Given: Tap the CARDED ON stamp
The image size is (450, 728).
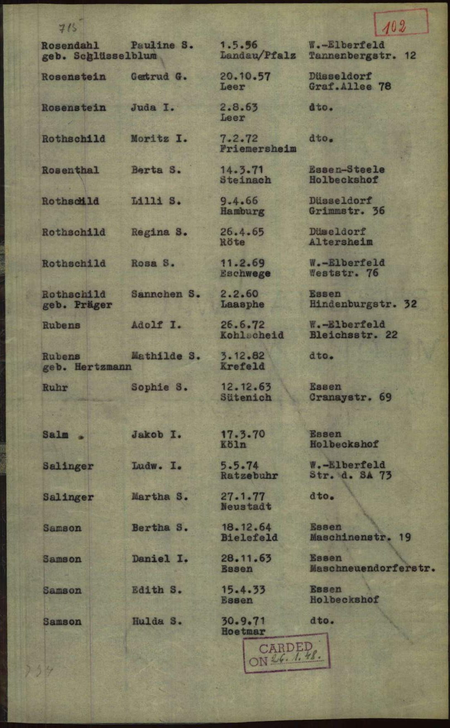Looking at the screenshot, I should tap(286, 653).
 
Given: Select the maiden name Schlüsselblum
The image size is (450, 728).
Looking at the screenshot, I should tap(115, 56).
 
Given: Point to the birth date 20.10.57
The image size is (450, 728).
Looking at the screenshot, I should tap(245, 77).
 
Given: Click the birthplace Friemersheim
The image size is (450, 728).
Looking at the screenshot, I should tap(258, 149).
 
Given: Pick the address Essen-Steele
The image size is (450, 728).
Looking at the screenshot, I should tap(347, 170).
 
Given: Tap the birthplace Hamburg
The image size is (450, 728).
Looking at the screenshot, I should tap(242, 211).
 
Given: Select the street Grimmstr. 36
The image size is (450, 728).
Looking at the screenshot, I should tap(347, 211).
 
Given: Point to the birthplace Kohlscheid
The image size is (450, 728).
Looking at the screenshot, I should tap(252, 335).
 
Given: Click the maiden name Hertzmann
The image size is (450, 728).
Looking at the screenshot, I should tap(103, 366).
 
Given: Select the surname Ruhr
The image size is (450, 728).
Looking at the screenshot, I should tap(55, 388).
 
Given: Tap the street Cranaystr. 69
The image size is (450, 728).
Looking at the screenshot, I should tap(350, 398).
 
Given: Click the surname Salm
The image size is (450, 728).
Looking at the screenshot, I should tap(55, 434).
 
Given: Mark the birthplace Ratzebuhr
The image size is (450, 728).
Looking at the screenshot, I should tap(249, 476).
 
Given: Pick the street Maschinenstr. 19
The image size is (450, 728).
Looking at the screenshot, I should tap(360, 538).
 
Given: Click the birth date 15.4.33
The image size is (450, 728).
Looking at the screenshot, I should tap(243, 590).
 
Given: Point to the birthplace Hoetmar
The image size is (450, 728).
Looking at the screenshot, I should tap(243, 631).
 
